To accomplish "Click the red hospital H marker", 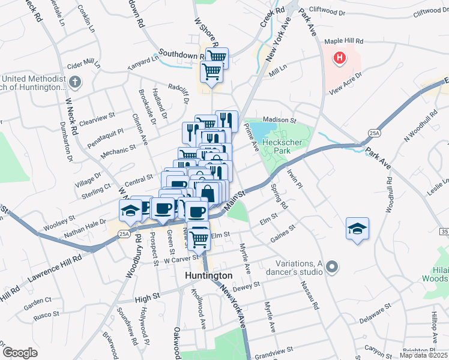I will point(340,59).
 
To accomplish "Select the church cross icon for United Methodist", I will point(75,82).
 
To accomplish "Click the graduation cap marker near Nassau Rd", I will point(357,229).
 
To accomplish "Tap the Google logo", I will point(20,353).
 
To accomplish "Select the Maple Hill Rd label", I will point(344,41).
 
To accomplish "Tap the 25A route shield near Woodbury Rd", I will point(124,233).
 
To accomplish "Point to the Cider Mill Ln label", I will point(83,62).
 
